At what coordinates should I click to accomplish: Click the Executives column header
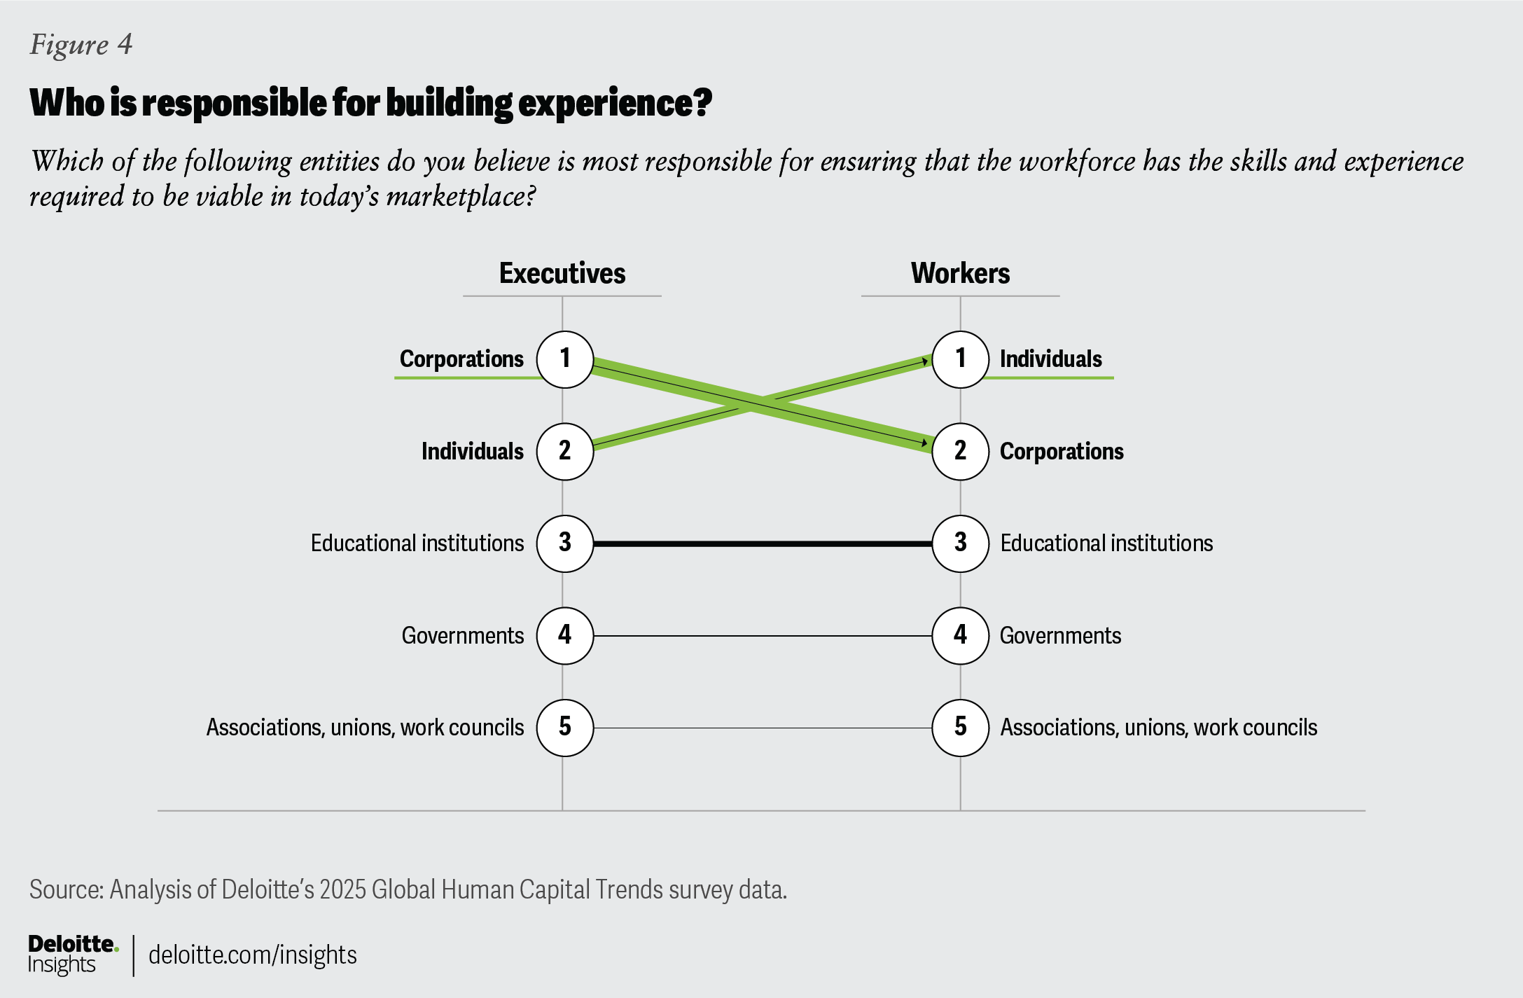point(562,273)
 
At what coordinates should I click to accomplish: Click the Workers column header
point(960,273)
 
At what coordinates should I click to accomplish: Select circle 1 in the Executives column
point(564,359)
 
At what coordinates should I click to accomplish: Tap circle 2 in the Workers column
point(960,451)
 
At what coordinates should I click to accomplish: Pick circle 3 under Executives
point(564,543)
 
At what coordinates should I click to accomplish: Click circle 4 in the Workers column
point(960,635)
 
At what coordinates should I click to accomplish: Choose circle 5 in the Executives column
point(564,728)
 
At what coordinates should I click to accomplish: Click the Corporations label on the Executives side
point(461,359)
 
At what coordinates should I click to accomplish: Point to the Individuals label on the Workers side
point(1050,359)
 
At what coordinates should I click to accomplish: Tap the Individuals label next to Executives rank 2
point(472,451)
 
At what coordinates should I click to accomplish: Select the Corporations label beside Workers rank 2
point(1062,451)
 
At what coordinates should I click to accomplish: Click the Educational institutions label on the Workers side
point(1106,543)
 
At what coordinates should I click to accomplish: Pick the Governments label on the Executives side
point(462,635)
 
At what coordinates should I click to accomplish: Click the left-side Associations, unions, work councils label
point(365,728)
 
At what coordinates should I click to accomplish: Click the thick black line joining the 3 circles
point(762,543)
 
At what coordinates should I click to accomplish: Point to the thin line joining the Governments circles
point(762,636)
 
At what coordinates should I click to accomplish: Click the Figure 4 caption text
point(81,45)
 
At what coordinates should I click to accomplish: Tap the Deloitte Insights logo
point(72,954)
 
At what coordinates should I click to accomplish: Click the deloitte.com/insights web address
point(252,955)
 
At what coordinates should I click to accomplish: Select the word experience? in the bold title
point(615,103)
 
